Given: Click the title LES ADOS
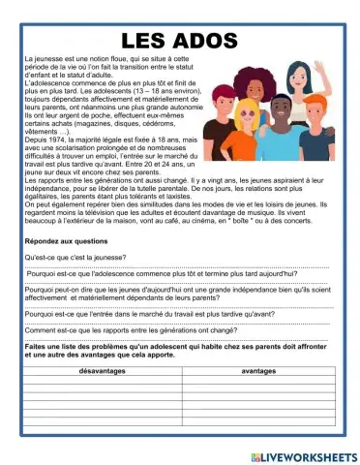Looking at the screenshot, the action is (x=179, y=41).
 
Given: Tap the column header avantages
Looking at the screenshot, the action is (x=259, y=370).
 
